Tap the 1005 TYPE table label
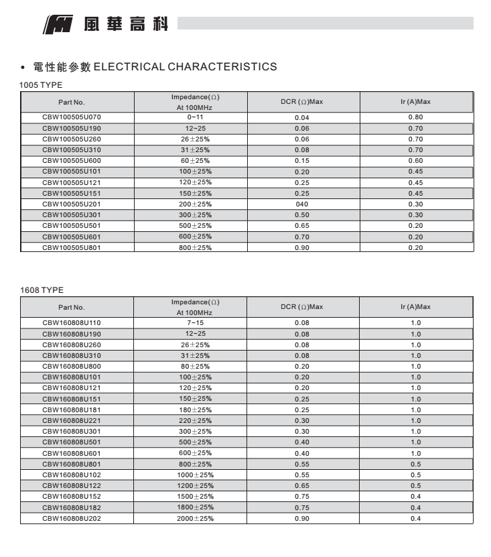click(x=42, y=85)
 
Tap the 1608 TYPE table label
click(x=42, y=290)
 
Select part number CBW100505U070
click(x=72, y=117)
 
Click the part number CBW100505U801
click(x=72, y=247)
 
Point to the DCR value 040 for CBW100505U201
click(x=302, y=204)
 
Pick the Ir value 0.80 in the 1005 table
click(x=415, y=117)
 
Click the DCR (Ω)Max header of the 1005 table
click(x=302, y=102)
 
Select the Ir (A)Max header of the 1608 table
click(x=415, y=307)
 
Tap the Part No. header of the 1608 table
click(x=72, y=307)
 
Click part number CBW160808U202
click(x=72, y=518)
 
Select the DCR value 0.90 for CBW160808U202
click(x=302, y=518)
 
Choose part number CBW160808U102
click(x=72, y=475)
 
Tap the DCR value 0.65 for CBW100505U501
click(x=302, y=226)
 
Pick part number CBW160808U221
click(x=72, y=420)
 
